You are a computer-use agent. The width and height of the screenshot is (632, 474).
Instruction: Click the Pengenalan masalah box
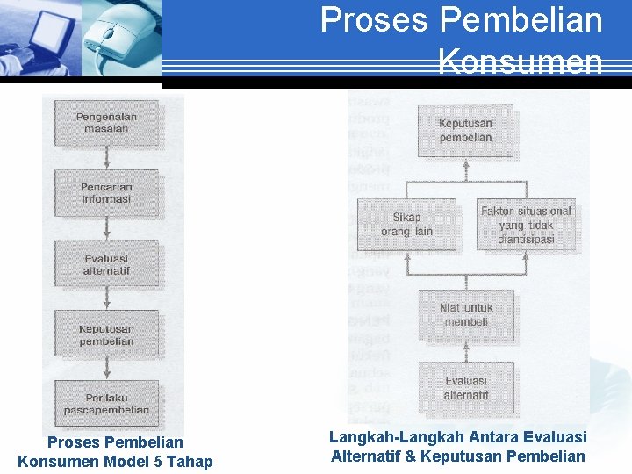point(106,122)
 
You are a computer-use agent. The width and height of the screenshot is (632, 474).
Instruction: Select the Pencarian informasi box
point(106,193)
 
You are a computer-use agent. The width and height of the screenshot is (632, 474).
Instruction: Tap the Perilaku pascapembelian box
point(106,404)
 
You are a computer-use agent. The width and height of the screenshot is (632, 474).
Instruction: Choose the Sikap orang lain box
point(407,224)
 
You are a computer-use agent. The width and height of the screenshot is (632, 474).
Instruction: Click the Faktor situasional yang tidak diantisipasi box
point(526,224)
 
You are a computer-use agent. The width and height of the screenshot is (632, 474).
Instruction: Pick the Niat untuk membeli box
point(466,315)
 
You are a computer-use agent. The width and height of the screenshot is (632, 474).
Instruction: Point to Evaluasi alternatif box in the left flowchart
point(106,264)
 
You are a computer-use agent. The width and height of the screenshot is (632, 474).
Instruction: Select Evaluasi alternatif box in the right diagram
point(466,388)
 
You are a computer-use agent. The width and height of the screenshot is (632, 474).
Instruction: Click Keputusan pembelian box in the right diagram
point(466,131)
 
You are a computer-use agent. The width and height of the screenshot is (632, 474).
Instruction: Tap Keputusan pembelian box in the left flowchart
point(106,334)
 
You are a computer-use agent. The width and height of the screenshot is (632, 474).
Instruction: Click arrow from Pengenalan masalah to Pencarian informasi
point(106,158)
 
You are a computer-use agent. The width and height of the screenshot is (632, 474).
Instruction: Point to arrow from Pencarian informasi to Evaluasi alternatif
point(106,229)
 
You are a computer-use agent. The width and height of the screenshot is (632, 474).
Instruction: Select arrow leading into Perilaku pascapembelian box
point(106,370)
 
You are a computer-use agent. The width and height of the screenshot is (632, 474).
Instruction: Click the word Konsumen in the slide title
point(520,62)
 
